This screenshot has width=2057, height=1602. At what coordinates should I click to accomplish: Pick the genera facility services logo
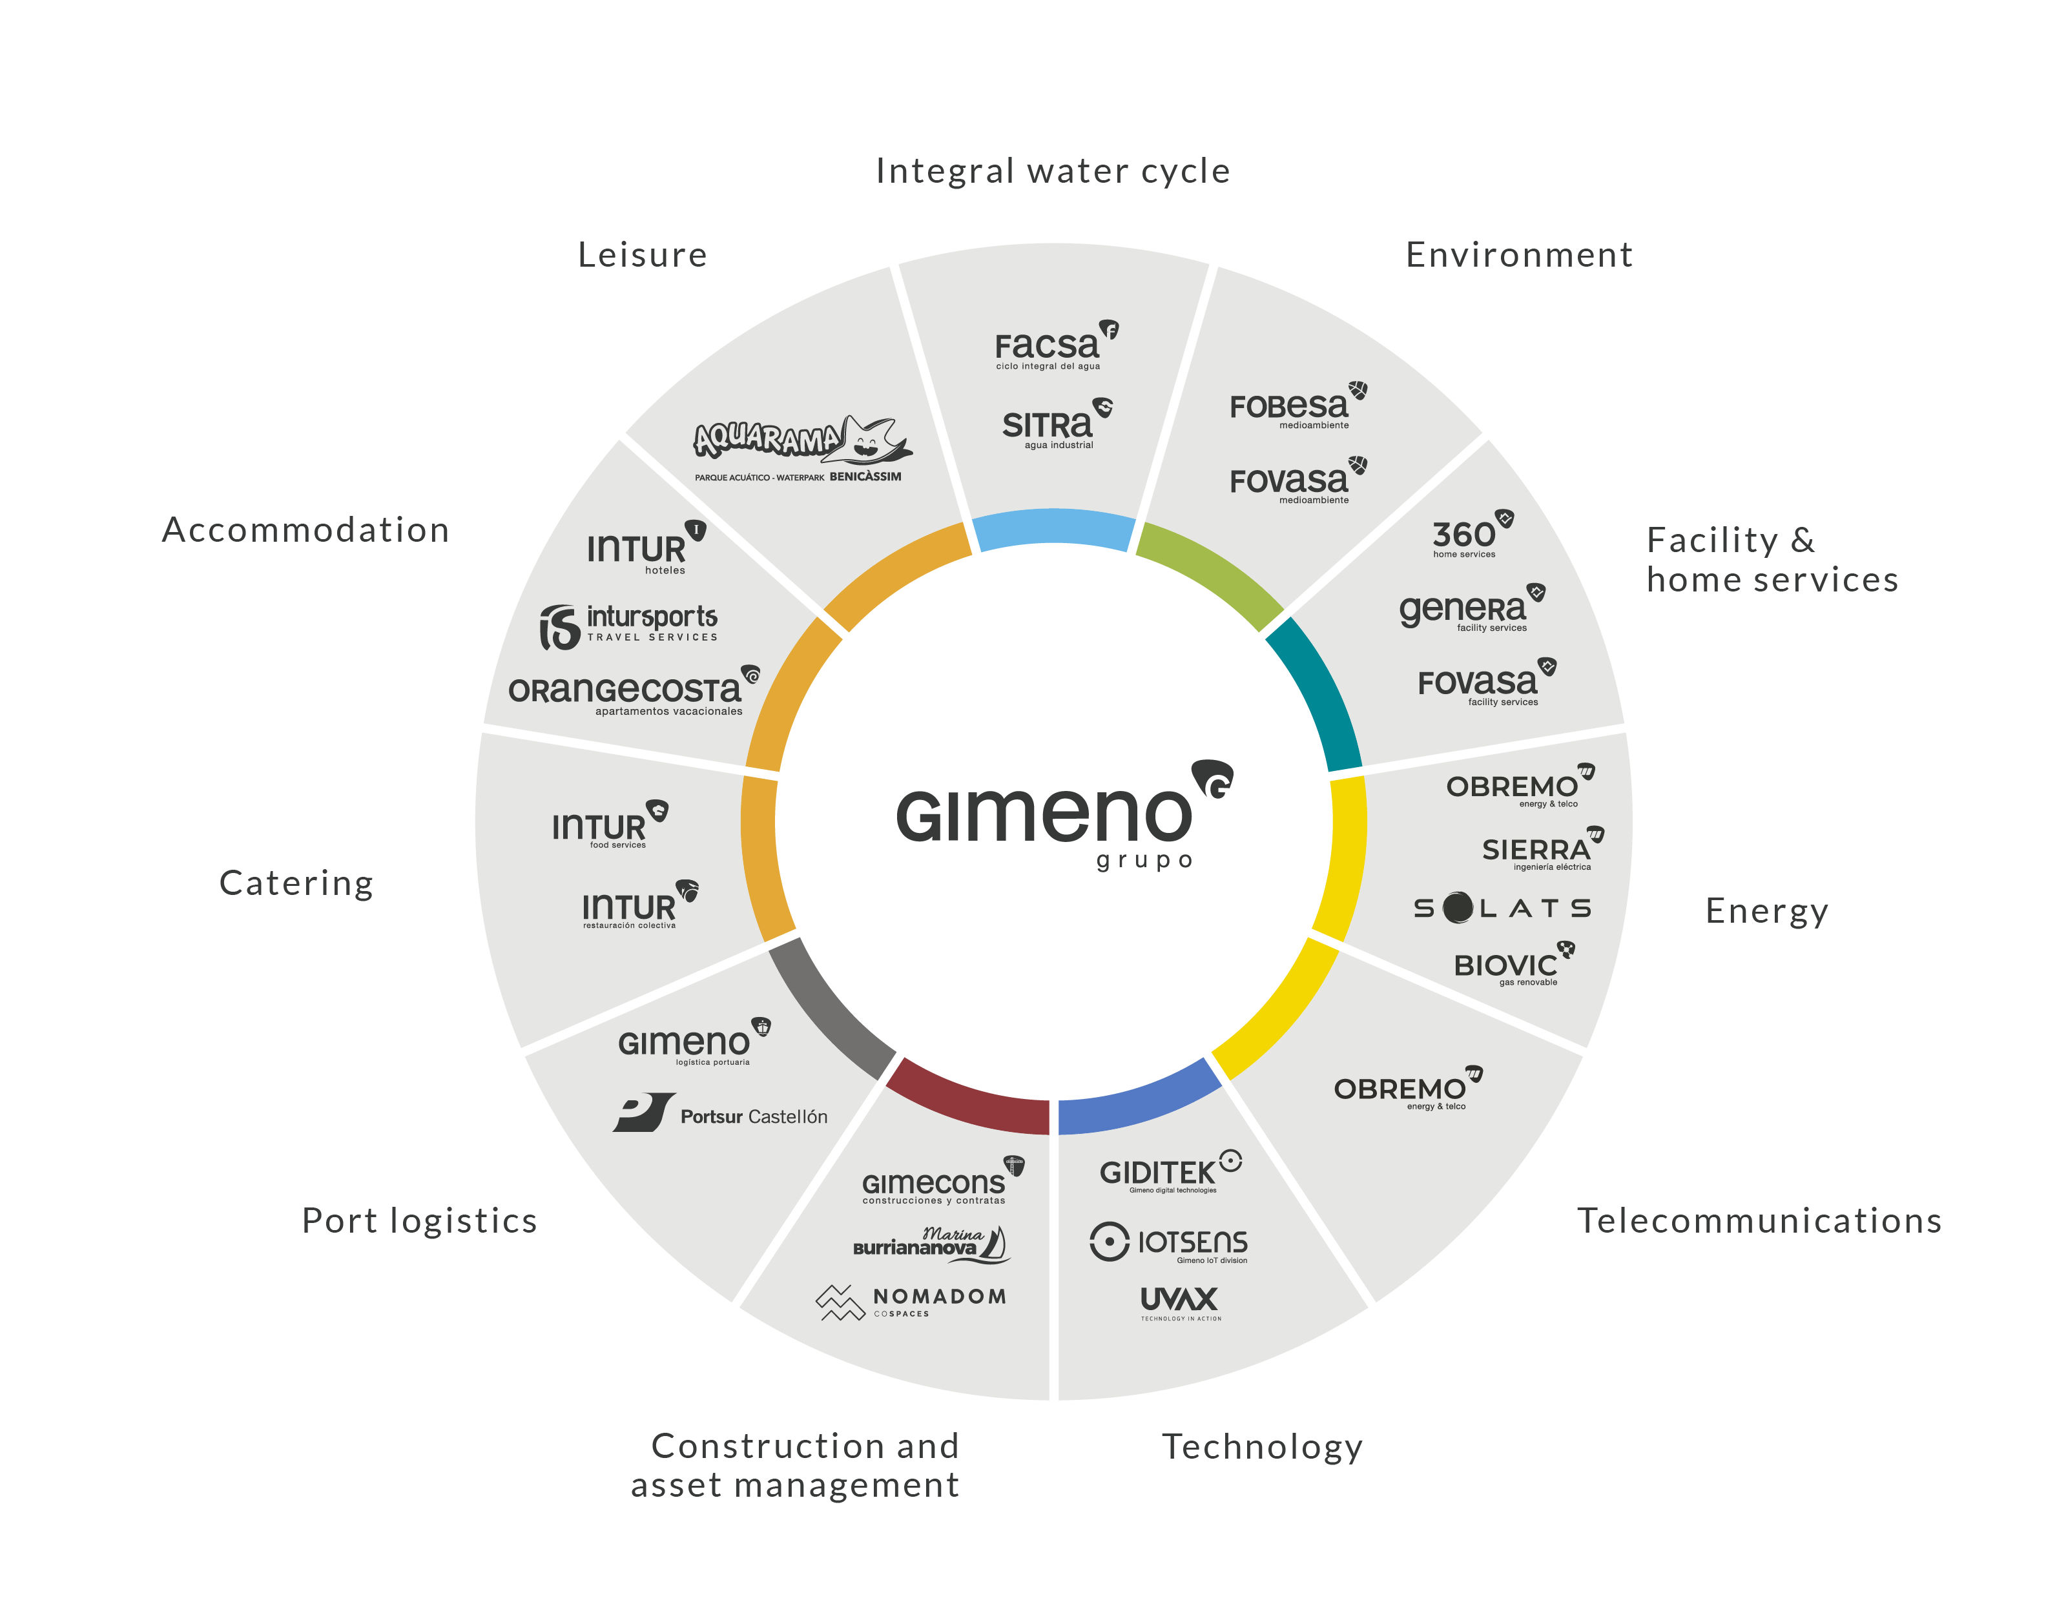[1472, 608]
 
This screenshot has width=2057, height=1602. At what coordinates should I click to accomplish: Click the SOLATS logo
[1502, 908]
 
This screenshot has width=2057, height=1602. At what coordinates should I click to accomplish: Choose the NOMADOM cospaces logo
[911, 1302]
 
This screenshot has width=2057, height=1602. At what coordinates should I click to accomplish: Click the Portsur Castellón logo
[721, 1113]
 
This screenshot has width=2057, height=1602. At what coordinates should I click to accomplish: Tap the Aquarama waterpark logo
[802, 450]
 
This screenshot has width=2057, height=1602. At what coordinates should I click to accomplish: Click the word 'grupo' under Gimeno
[1144, 861]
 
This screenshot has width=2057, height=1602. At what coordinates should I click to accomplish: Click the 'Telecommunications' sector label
[1759, 1220]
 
